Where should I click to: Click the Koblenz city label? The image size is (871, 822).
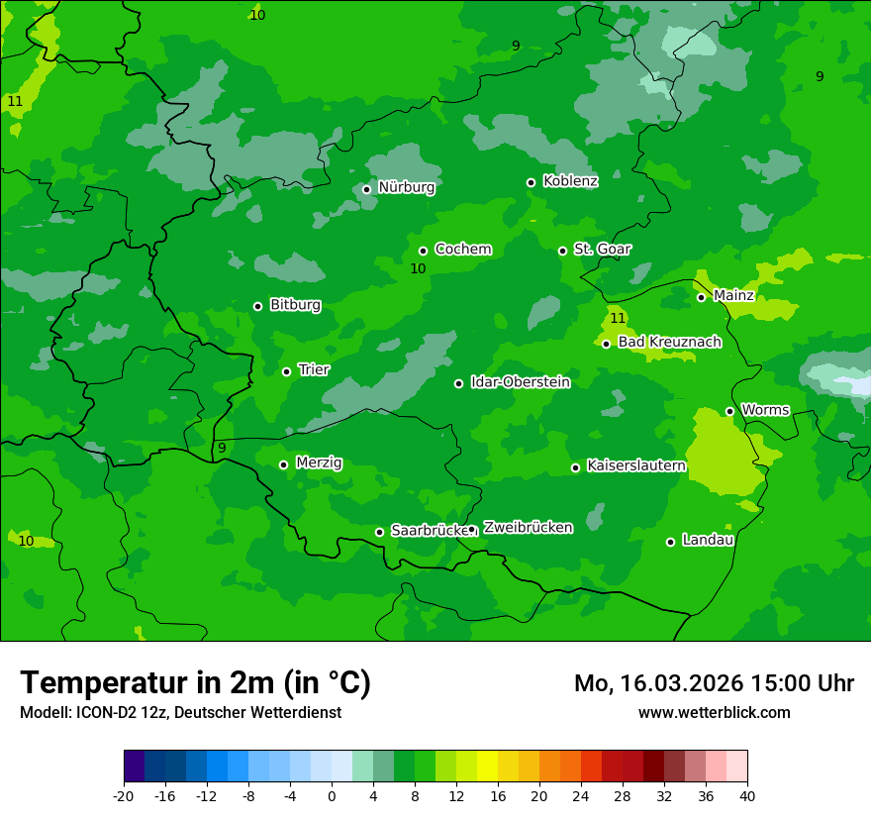pyautogui.click(x=570, y=181)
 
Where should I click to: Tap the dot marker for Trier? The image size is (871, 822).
pyautogui.click(x=286, y=371)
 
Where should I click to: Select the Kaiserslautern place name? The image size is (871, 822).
pyautogui.click(x=635, y=465)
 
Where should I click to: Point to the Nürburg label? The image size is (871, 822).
pyautogui.click(x=406, y=187)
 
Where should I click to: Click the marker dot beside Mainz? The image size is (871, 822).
pyautogui.click(x=701, y=297)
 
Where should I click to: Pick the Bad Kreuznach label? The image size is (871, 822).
pyautogui.click(x=669, y=342)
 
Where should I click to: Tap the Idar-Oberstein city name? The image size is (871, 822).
pyautogui.click(x=520, y=382)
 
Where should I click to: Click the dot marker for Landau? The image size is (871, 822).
pyautogui.click(x=670, y=542)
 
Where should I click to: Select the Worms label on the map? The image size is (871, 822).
pyautogui.click(x=765, y=410)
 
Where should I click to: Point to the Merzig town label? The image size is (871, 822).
pyautogui.click(x=319, y=462)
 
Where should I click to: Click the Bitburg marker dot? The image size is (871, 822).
pyautogui.click(x=257, y=306)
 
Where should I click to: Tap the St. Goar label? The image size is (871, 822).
pyautogui.click(x=602, y=249)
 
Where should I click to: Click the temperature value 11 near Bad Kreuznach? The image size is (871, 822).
pyautogui.click(x=618, y=318)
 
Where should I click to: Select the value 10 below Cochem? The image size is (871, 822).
pyautogui.click(x=418, y=268)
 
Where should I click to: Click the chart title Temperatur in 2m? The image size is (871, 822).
pyautogui.click(x=195, y=683)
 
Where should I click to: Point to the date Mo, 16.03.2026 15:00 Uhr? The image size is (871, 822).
pyautogui.click(x=714, y=683)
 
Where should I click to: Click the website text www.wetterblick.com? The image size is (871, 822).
pyautogui.click(x=714, y=713)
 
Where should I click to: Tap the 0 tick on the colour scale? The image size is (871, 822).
pyautogui.click(x=332, y=796)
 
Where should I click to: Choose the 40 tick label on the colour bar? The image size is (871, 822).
pyautogui.click(x=746, y=796)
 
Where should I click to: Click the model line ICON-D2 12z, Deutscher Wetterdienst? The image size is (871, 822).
pyautogui.click(x=180, y=713)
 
